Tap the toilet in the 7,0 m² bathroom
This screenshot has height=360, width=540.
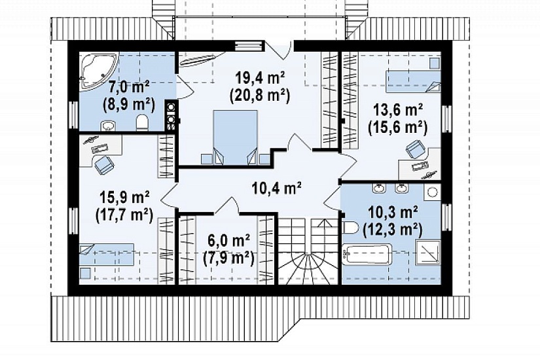(142, 123)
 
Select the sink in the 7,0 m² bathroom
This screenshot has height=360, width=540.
(109, 126)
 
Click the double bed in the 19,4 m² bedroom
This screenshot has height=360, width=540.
(235, 137)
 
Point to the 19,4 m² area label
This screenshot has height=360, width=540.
(260, 78)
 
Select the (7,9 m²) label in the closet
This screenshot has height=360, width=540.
(228, 258)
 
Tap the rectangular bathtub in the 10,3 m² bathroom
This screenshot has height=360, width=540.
(367, 255)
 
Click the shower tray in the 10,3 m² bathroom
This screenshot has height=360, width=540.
(428, 252)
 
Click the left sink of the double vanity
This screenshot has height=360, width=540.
(379, 188)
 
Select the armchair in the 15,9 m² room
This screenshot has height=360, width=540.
(104, 165)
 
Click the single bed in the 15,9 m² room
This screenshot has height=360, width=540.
(107, 255)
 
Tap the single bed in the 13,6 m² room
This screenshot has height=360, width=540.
(413, 82)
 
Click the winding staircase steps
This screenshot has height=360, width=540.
(308, 251)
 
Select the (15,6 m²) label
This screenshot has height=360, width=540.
(398, 128)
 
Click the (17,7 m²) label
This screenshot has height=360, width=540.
(124, 215)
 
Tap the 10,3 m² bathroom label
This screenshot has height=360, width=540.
(393, 213)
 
